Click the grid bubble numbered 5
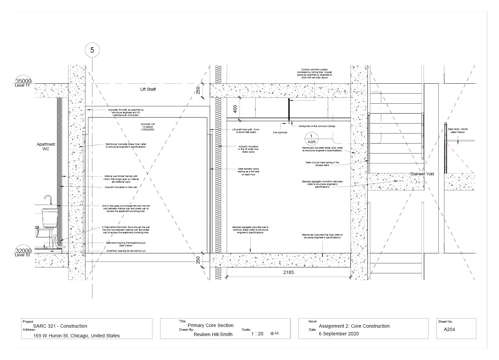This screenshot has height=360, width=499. point(92,50)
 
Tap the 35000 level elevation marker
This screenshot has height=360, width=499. point(23,81)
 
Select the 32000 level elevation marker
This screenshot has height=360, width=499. point(23,251)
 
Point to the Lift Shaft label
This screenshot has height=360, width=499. point(148,89)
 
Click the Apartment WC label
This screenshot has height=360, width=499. point(46,147)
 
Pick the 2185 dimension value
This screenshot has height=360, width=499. point(289,272)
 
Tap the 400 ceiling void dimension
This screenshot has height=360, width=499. point(235,109)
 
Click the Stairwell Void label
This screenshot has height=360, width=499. point(422,174)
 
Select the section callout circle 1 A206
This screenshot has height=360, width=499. point(311,139)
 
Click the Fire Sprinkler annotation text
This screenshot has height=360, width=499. point(280,132)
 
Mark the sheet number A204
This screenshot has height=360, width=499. point(449,329)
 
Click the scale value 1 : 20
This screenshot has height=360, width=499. point(257,333)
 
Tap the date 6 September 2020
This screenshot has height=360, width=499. point(339,334)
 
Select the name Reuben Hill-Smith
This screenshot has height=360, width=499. point(213,334)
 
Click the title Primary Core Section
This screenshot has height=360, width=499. point(210,325)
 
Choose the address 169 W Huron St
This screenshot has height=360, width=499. point(76,336)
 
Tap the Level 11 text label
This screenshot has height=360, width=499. point(22,86)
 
